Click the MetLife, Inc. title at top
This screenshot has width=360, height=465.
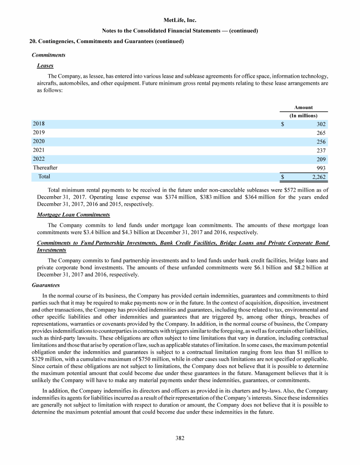tap(180, 21)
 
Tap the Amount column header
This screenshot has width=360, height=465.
tap(303, 107)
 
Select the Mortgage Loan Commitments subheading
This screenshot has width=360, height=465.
tap(73, 215)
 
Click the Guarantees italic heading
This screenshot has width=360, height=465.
tap(45, 284)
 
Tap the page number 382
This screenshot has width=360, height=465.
tap(180, 438)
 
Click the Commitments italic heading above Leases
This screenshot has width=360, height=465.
tap(48, 55)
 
